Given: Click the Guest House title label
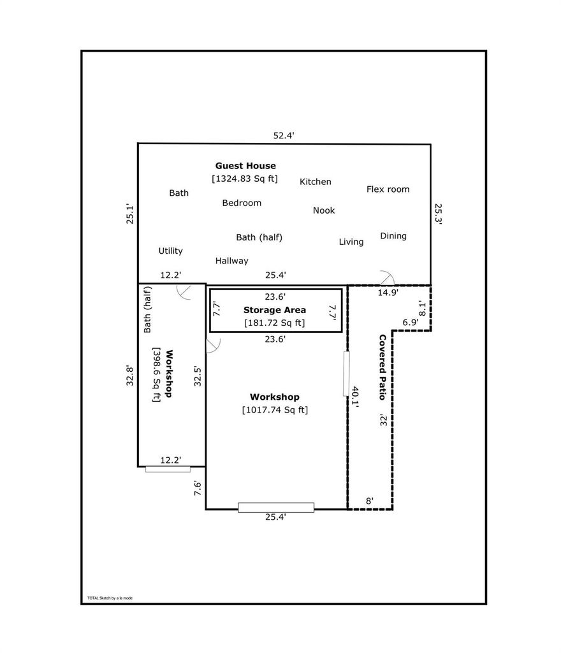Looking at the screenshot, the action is (x=245, y=166).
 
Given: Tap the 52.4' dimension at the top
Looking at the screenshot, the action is (x=284, y=135).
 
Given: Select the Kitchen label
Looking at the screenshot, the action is (x=316, y=182).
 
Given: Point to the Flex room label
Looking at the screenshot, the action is (x=388, y=189).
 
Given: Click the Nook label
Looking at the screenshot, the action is (x=324, y=210).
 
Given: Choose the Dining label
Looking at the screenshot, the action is (x=393, y=236).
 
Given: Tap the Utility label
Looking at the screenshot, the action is (x=171, y=251).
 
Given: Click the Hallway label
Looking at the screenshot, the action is (x=232, y=261).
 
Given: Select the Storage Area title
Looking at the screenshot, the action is (x=275, y=310).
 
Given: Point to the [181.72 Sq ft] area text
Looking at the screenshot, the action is (x=275, y=323).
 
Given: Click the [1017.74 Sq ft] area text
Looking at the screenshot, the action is (x=275, y=410).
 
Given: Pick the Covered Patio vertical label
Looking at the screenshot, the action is (x=382, y=367).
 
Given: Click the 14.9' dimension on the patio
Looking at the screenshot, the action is (x=388, y=292).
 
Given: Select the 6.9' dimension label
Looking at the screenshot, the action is (x=411, y=322).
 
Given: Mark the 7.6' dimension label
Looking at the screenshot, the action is (x=198, y=488).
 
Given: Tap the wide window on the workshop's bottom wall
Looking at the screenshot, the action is (x=276, y=508).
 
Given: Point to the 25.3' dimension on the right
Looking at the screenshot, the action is (x=438, y=214).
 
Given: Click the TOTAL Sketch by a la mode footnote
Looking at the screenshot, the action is (x=110, y=598).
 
